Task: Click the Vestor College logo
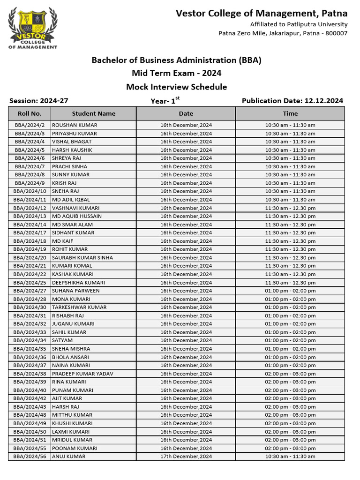click(x=32, y=28)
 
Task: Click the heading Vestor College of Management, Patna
click(x=262, y=14)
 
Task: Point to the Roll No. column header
click(x=30, y=113)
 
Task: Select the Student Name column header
click(x=93, y=113)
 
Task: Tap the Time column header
click(x=290, y=113)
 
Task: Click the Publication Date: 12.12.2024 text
click(x=292, y=101)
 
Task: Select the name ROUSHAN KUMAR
click(x=75, y=125)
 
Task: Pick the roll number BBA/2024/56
click(x=30, y=456)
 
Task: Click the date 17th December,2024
click(x=186, y=456)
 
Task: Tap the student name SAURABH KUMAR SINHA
click(x=82, y=257)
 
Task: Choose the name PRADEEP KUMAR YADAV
click(x=82, y=374)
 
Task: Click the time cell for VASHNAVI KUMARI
click(x=290, y=208)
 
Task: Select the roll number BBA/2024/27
click(x=30, y=291)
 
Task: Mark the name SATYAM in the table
click(x=62, y=340)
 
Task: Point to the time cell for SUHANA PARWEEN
click(x=290, y=291)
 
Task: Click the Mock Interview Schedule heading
click(x=176, y=87)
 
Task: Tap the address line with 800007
click(x=283, y=33)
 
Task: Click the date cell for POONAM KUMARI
click(x=186, y=448)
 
